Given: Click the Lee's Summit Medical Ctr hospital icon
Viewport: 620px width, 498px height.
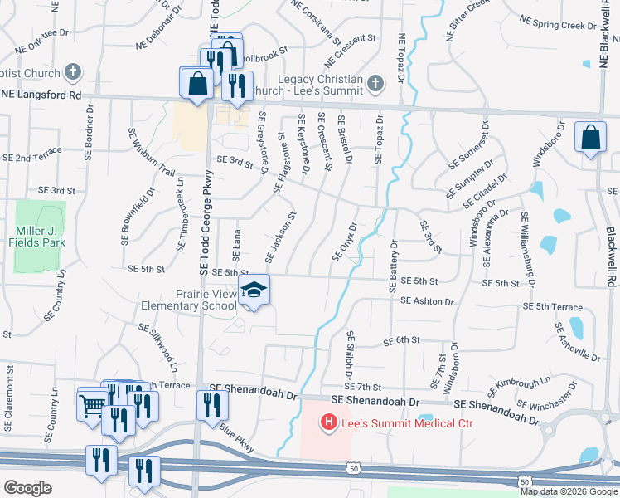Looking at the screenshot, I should tap(329, 423).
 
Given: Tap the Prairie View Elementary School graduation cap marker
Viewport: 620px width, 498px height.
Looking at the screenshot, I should tap(254, 290).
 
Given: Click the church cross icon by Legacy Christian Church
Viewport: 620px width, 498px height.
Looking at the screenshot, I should tap(375, 82).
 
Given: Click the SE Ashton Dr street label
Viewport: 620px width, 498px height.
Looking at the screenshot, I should tap(427, 302).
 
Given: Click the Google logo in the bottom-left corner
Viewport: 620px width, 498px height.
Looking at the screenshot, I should tap(27, 488).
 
